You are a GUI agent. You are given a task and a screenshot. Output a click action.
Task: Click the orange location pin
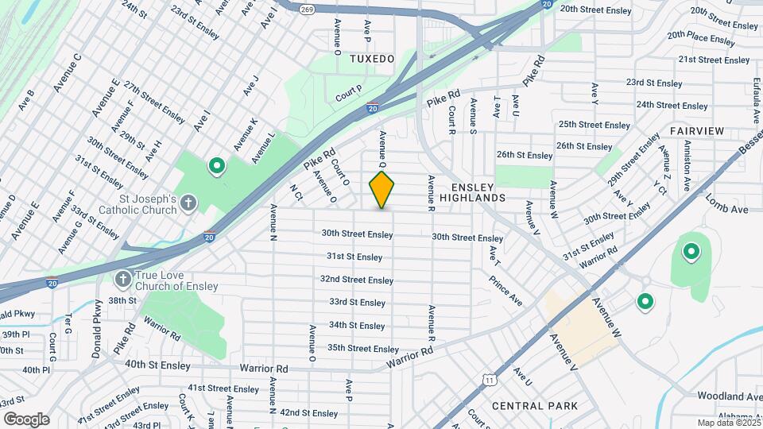click(x=381, y=190)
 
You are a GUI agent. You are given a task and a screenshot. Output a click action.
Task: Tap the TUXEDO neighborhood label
click(x=371, y=59)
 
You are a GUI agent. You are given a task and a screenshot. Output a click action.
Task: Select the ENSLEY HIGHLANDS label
click(x=472, y=191)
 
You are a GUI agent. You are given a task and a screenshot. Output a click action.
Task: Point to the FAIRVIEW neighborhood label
click(x=697, y=130)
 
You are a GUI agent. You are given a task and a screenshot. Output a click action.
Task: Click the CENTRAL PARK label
click(x=535, y=406)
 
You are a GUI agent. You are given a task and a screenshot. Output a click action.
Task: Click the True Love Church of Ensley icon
click(x=123, y=279)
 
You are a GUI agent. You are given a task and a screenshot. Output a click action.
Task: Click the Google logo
click(x=25, y=419)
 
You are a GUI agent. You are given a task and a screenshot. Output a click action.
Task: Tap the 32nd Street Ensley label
click(x=357, y=280)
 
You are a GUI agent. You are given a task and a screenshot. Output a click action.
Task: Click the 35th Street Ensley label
click(x=362, y=349)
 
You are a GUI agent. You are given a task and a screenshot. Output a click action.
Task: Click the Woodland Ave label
click(x=730, y=396)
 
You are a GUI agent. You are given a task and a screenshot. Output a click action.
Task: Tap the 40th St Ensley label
click(x=157, y=365)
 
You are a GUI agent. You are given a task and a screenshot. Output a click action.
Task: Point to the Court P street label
click(x=349, y=94)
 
